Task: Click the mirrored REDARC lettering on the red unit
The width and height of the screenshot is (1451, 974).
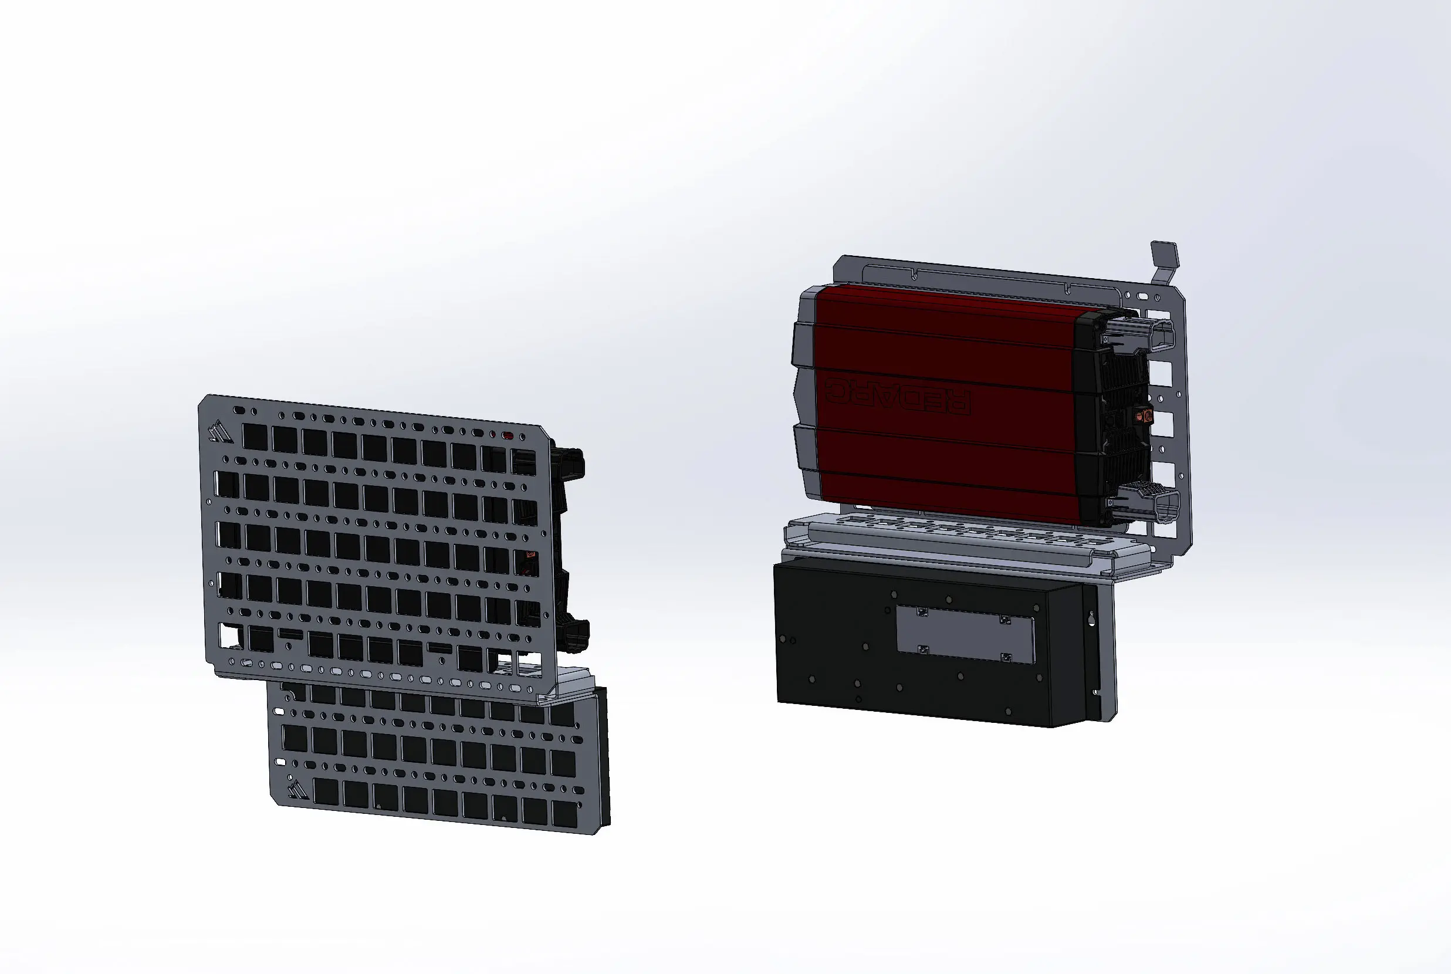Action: point(898,396)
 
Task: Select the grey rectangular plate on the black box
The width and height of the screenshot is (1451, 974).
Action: point(965,634)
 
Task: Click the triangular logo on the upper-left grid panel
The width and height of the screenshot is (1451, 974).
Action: point(221,431)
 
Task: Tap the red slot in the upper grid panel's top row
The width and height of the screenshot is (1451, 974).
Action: point(508,436)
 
